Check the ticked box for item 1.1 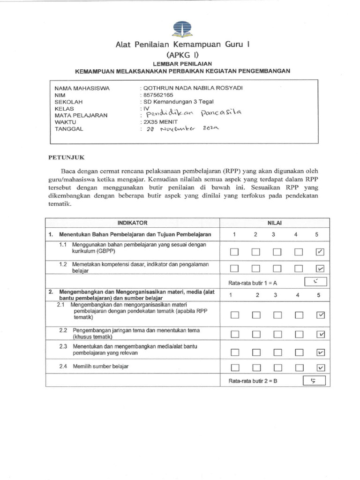pos(321,252)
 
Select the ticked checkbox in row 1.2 pos(321,269)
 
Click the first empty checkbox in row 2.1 pos(234,315)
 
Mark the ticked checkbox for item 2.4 pos(321,367)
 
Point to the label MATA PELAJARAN pos(81,115)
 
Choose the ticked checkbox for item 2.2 pos(321,334)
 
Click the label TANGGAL pos(69,129)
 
